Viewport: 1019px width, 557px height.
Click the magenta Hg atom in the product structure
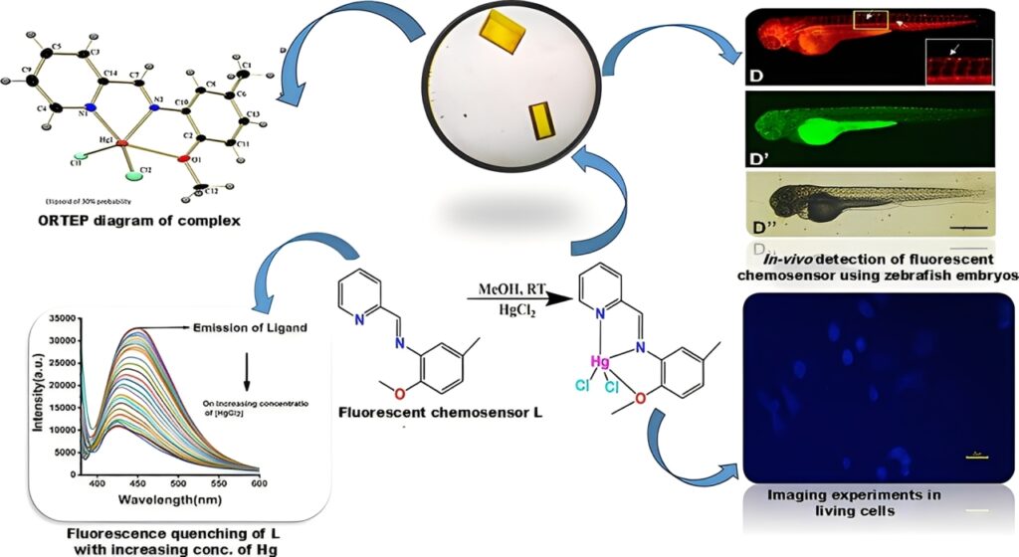coord(599,362)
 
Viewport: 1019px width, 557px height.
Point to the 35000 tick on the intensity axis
coord(61,319)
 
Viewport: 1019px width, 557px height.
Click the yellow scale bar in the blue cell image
coord(978,458)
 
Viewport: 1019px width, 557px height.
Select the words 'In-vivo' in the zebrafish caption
coord(785,261)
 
